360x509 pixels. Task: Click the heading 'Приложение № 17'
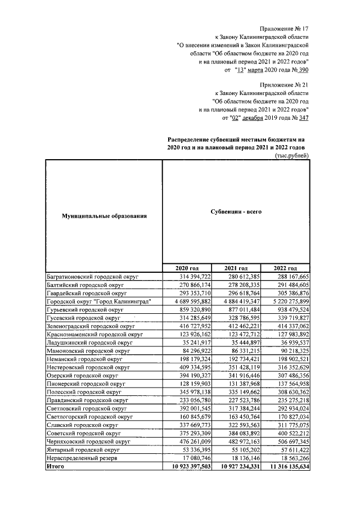tap(284, 28)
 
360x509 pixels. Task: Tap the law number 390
tap(303, 70)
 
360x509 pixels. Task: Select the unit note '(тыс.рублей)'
tap(292, 155)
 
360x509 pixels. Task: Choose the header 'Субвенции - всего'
tap(235, 211)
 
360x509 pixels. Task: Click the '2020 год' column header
tap(187, 268)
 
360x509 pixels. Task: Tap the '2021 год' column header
tap(236, 268)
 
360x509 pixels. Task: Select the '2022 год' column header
tap(284, 268)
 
